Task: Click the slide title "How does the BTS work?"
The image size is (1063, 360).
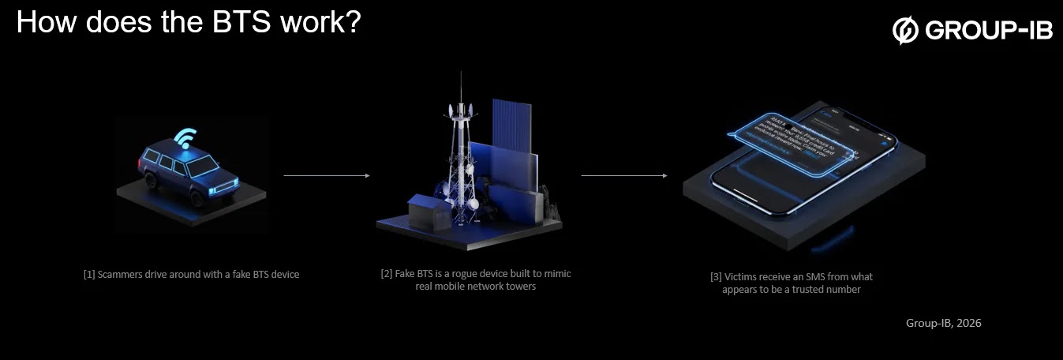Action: click(x=188, y=22)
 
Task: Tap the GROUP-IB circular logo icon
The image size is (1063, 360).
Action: click(x=905, y=31)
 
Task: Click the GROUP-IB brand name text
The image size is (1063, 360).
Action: click(x=989, y=31)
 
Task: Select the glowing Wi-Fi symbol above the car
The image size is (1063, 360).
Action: click(x=185, y=139)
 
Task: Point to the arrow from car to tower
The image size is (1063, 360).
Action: click(x=326, y=176)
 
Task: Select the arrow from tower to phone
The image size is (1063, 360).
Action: click(x=623, y=176)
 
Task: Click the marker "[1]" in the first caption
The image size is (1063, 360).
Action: click(x=89, y=275)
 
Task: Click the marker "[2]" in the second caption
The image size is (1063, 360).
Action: click(x=387, y=274)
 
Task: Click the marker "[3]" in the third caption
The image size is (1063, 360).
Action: click(x=716, y=277)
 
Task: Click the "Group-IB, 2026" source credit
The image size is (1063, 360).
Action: click(x=943, y=323)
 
